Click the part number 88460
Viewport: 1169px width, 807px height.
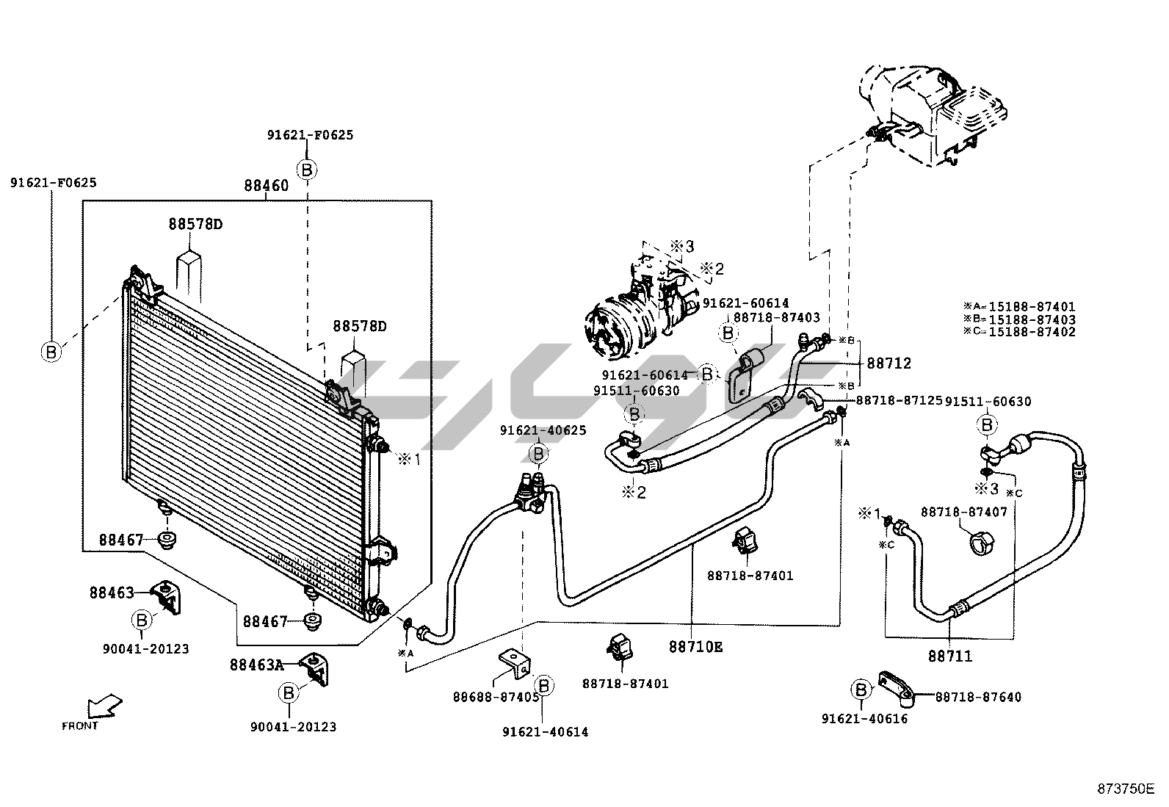(266, 186)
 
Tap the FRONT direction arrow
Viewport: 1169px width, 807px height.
(104, 707)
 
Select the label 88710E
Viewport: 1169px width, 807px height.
(695, 647)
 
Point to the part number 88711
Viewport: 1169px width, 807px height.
(950, 656)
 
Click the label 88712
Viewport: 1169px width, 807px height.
(888, 363)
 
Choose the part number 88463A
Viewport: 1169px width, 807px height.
(257, 665)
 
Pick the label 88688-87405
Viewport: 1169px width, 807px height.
(496, 698)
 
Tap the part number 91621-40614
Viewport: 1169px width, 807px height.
(546, 732)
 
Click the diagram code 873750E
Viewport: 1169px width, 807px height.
(1126, 789)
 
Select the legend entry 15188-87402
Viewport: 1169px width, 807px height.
(1032, 332)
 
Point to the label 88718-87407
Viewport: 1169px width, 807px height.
(964, 512)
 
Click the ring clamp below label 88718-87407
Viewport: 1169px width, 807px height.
(982, 543)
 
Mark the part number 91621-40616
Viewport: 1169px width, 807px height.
(865, 719)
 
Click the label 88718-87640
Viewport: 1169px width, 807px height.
(978, 697)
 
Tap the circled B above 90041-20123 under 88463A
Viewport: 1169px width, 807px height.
(288, 693)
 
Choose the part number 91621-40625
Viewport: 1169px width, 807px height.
(543, 430)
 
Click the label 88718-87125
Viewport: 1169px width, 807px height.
(900, 400)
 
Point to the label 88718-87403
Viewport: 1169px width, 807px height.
(777, 317)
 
